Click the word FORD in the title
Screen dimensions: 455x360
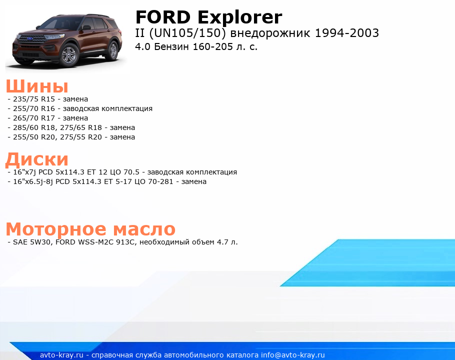(163, 17)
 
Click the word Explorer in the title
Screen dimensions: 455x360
(240, 17)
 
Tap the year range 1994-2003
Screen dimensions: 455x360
(347, 33)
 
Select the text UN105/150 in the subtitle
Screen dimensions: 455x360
(187, 33)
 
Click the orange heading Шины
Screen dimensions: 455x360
(37, 86)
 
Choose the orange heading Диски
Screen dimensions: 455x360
(37, 159)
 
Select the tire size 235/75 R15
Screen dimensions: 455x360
(34, 99)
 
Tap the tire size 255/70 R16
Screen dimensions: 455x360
(34, 109)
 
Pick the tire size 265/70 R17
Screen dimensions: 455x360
(34, 118)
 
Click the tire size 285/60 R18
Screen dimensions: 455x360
(34, 127)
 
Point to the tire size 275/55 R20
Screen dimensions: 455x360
(81, 137)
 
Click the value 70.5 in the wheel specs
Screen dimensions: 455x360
(131, 172)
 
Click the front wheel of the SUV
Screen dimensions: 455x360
(69, 55)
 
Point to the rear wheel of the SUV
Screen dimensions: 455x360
(112, 50)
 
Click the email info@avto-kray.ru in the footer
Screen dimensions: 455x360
(293, 355)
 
